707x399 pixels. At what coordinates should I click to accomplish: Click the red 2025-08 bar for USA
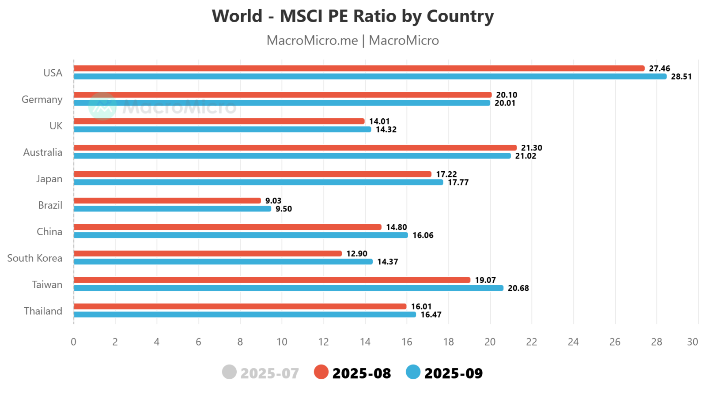(x=359, y=68)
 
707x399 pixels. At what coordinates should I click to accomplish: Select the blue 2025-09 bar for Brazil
(x=172, y=209)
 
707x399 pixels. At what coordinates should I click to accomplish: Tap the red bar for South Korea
(x=208, y=254)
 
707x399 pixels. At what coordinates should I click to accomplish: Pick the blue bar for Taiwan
(x=288, y=288)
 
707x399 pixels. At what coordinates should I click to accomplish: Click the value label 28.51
(x=681, y=77)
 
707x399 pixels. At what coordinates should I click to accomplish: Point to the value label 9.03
(x=273, y=201)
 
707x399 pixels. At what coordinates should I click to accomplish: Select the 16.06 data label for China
(x=423, y=235)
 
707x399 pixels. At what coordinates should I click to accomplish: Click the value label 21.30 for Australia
(x=531, y=148)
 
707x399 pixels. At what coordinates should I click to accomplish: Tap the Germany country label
(x=42, y=99)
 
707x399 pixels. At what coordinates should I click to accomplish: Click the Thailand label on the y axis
(x=43, y=311)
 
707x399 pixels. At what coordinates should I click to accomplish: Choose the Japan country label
(x=49, y=179)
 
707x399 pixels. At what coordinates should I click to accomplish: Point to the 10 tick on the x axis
(x=282, y=342)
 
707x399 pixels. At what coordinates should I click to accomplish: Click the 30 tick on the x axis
(x=692, y=342)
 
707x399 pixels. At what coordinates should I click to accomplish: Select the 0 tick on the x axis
(x=73, y=342)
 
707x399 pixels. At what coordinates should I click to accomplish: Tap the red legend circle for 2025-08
(x=321, y=372)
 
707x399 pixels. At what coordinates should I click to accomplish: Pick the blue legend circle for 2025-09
(x=413, y=372)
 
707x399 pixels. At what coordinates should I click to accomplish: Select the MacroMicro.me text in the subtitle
(x=312, y=40)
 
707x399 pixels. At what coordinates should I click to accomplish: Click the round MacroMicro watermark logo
(x=102, y=106)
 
